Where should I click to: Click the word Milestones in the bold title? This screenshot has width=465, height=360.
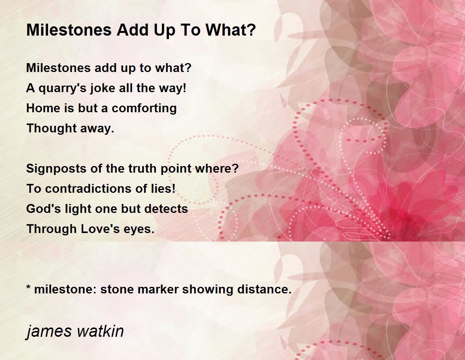coord(69,30)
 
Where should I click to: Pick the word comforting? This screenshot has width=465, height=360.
coord(144,108)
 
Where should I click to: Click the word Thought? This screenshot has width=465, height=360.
coord(52,129)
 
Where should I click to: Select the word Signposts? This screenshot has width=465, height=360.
coord(56,169)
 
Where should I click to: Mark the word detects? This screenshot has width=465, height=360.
coord(166,209)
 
